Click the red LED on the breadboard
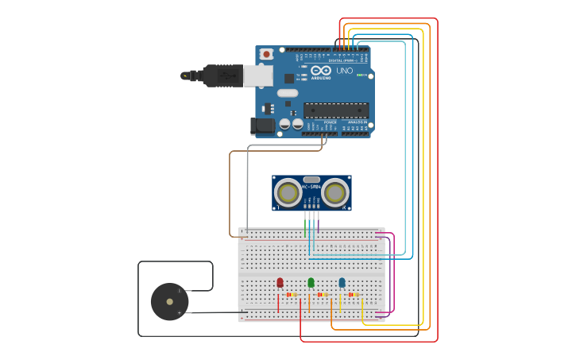(280, 282)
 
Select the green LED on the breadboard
(311, 282)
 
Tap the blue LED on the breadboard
(342, 282)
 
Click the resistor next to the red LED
(292, 295)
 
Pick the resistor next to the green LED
(323, 295)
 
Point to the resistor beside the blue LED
(354, 295)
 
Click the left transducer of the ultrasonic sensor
(288, 192)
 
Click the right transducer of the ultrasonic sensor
(335, 192)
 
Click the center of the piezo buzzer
(169, 302)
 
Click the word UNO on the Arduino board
(344, 71)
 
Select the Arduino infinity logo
(321, 71)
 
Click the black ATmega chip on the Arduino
(336, 110)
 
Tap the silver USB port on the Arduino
(257, 75)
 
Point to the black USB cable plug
(222, 75)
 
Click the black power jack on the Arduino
(263, 126)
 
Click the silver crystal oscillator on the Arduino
(288, 93)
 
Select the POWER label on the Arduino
(319, 122)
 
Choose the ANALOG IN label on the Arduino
(357, 122)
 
